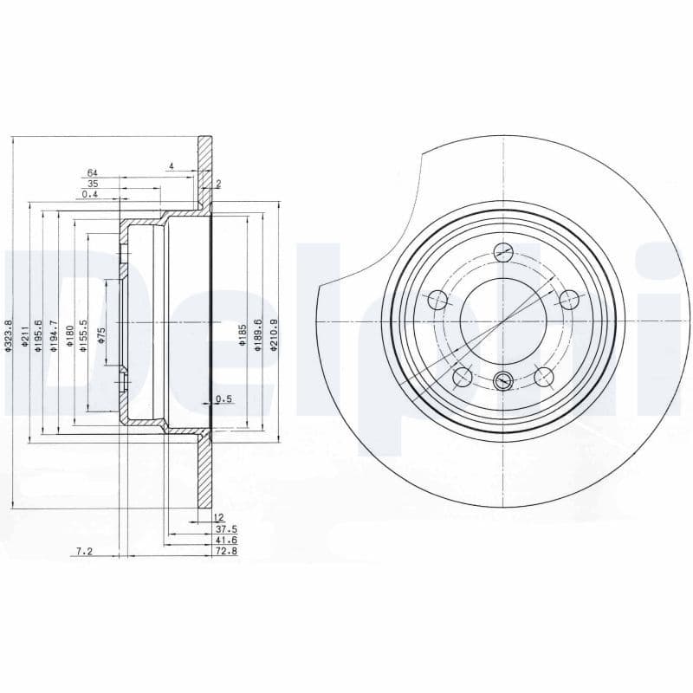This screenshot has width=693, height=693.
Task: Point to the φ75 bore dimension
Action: [x=100, y=335]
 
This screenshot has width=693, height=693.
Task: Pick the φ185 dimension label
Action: [x=243, y=334]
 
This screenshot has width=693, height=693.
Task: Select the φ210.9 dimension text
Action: [x=274, y=334]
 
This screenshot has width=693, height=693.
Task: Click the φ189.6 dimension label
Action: [x=258, y=334]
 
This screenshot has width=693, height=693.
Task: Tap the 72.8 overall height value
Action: [x=225, y=550]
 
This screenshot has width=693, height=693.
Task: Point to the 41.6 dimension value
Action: [x=225, y=539]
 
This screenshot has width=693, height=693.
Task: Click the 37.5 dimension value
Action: [x=225, y=528]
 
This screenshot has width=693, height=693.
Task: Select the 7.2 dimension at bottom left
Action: [x=84, y=550]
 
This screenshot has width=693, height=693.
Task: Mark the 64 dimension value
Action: [x=92, y=173]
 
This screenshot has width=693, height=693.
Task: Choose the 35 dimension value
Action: [x=92, y=184]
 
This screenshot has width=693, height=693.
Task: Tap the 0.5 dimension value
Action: [x=223, y=399]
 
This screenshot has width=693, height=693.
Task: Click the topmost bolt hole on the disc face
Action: [x=502, y=252]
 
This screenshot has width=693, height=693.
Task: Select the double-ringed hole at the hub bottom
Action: [x=502, y=381]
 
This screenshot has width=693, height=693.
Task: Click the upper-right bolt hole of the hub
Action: [x=568, y=300]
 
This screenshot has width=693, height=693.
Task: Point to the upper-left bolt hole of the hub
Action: [x=437, y=301]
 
